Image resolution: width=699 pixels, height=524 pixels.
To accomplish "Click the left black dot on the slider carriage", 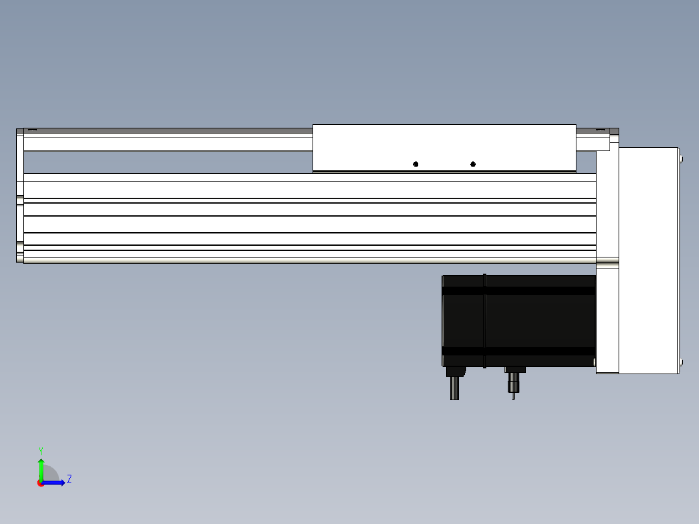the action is [416, 164].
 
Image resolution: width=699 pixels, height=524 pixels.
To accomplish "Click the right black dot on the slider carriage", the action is [473, 164].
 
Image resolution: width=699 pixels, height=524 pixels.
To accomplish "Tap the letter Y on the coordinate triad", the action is [41, 451].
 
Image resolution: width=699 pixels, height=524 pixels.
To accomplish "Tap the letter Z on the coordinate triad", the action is [69, 479].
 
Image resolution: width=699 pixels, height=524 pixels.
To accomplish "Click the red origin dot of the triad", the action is [41, 483].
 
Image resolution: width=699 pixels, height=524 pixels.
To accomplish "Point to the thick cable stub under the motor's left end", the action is [455, 388].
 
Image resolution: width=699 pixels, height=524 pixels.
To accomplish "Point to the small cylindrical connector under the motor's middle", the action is [514, 383].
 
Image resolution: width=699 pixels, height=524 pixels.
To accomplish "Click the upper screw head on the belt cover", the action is [681, 159].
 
